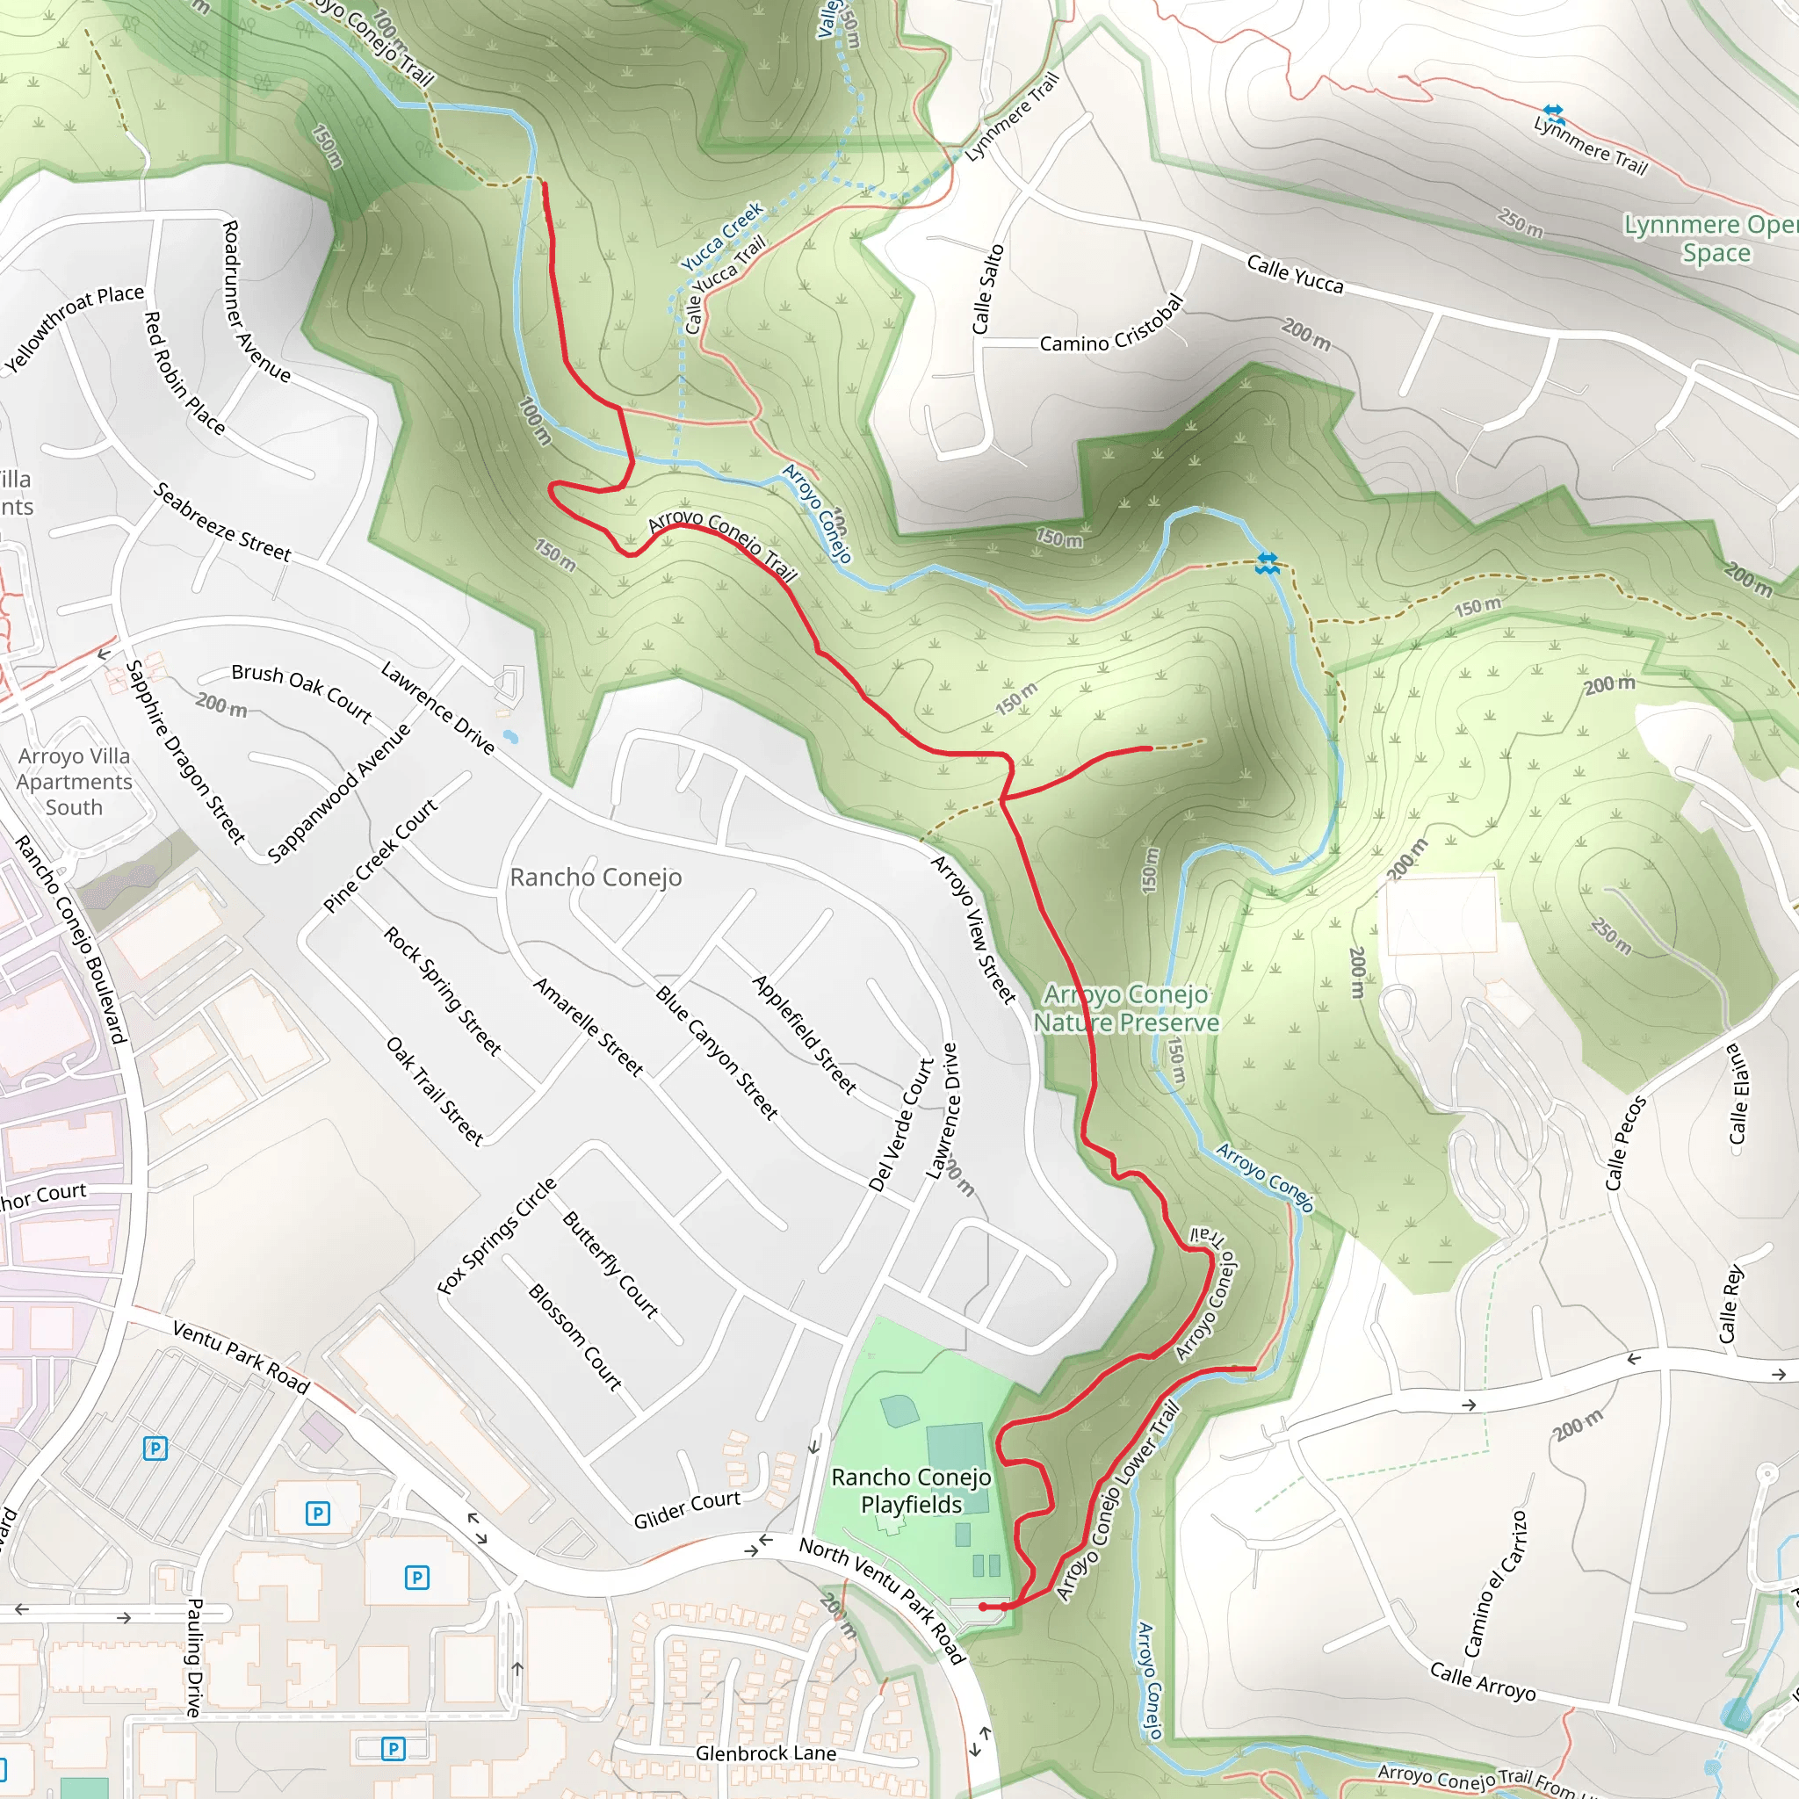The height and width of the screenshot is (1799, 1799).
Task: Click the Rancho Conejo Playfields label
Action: (911, 1491)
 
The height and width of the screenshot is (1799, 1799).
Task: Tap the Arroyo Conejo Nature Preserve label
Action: (1126, 1008)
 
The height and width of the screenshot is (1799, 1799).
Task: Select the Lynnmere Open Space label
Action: (1710, 238)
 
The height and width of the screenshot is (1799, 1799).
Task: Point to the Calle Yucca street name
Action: (1294, 274)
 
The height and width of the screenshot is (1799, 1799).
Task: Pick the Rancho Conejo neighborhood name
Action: (596, 878)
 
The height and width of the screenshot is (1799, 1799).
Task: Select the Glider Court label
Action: (686, 1509)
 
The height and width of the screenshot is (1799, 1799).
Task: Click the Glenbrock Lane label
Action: (765, 1753)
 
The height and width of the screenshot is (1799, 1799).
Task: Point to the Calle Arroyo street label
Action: (1483, 1681)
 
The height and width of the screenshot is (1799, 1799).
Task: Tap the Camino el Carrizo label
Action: (1495, 1583)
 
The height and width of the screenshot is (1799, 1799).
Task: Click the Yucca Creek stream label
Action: (722, 236)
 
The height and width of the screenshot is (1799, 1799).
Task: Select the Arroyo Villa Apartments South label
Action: (75, 781)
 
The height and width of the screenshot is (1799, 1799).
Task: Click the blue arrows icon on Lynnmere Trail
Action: (1553, 113)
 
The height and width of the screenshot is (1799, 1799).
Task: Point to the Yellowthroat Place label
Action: (75, 328)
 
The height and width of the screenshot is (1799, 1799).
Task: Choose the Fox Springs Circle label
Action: (496, 1236)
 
